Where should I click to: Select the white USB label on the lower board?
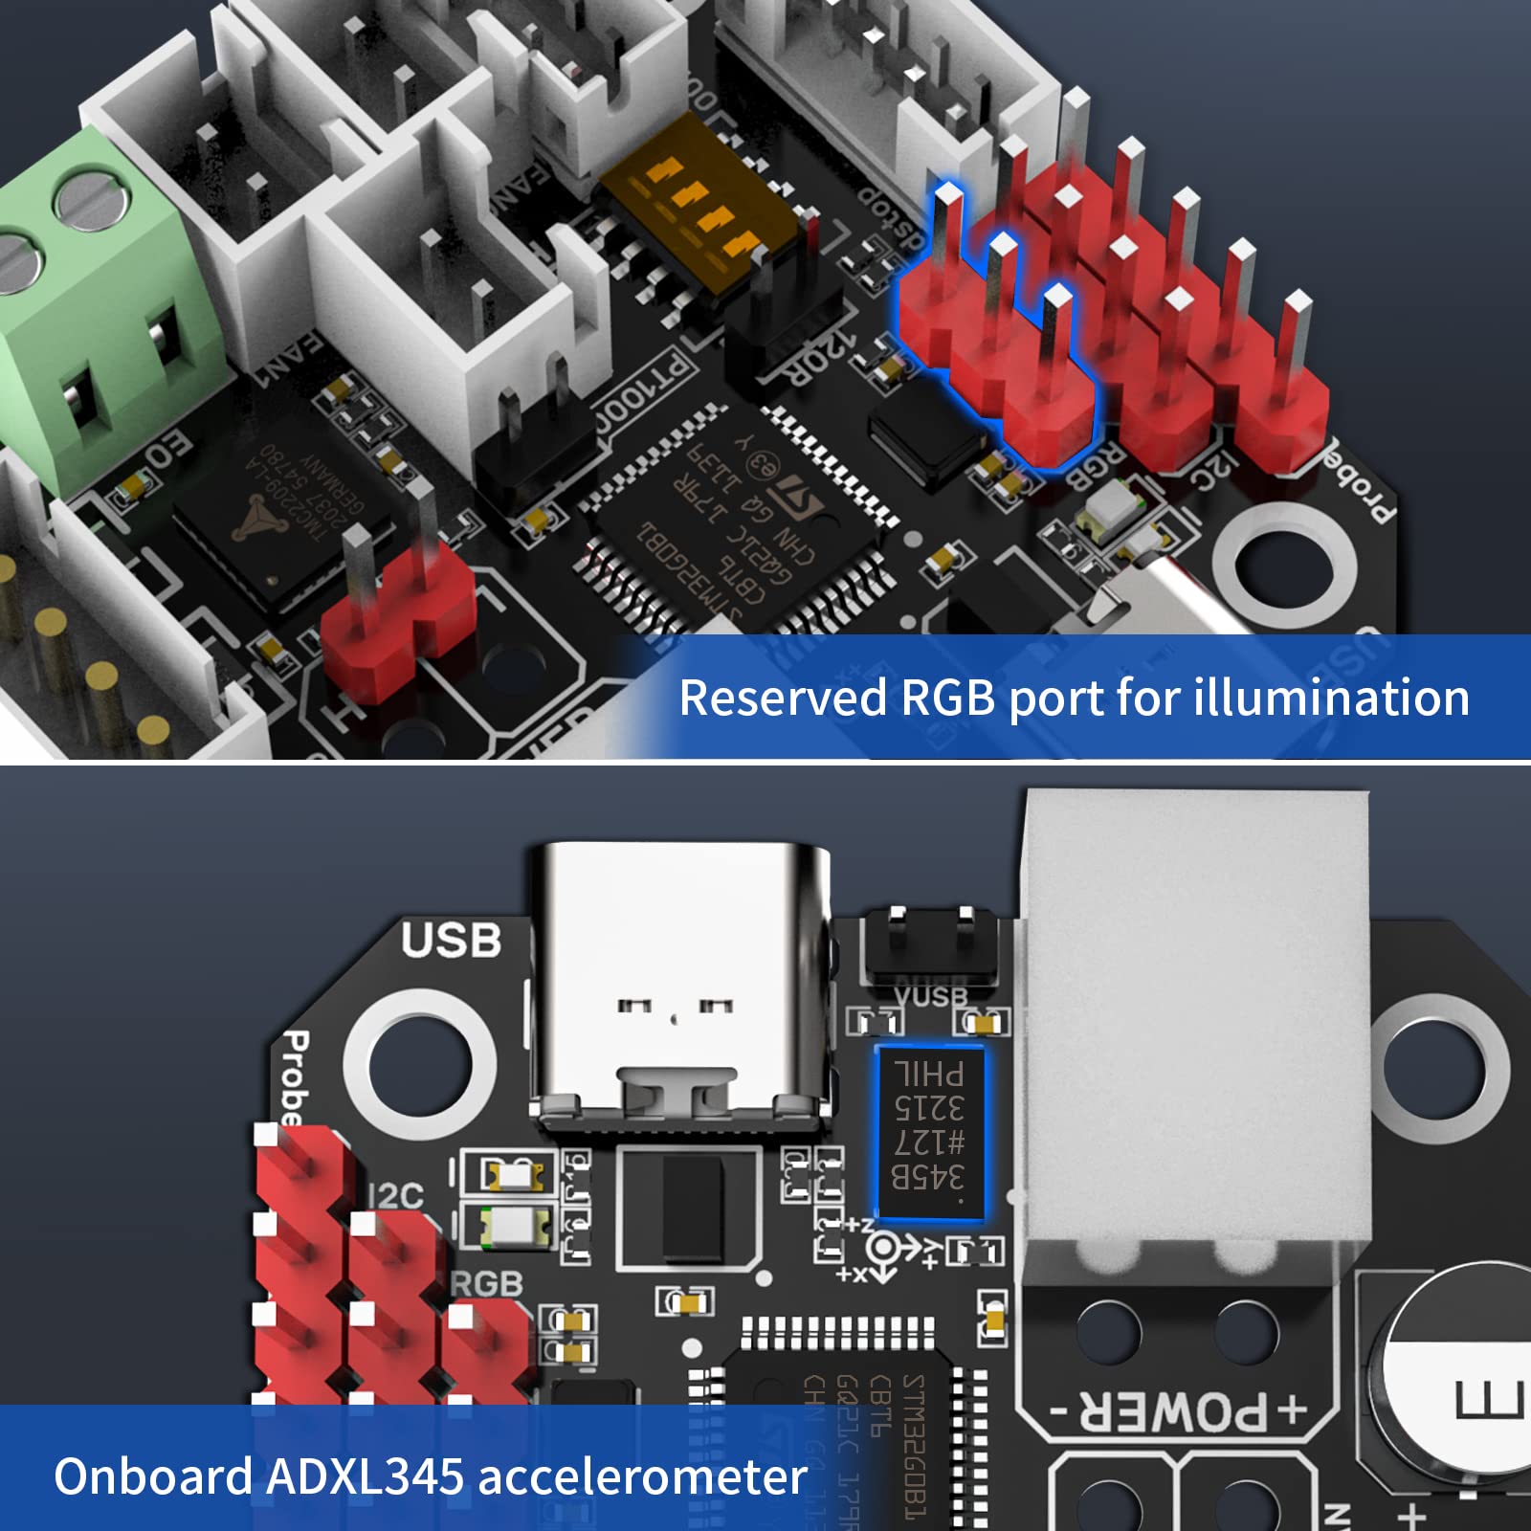pyautogui.click(x=450, y=941)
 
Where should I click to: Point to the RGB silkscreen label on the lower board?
pyautogui.click(x=486, y=1284)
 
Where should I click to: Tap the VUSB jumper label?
pyautogui.click(x=930, y=996)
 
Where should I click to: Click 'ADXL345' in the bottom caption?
pyautogui.click(x=366, y=1476)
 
